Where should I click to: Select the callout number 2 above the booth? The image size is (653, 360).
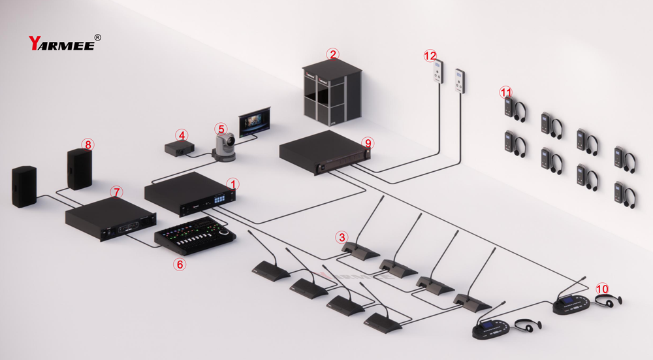pos(333,54)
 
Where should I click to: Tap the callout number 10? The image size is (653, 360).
pos(602,288)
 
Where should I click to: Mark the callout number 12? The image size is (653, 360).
pos(430,56)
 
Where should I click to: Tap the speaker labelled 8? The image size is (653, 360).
pos(80,169)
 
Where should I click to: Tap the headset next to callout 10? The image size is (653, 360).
pos(609,300)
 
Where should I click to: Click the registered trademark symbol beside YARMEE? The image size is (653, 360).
pos(98,38)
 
